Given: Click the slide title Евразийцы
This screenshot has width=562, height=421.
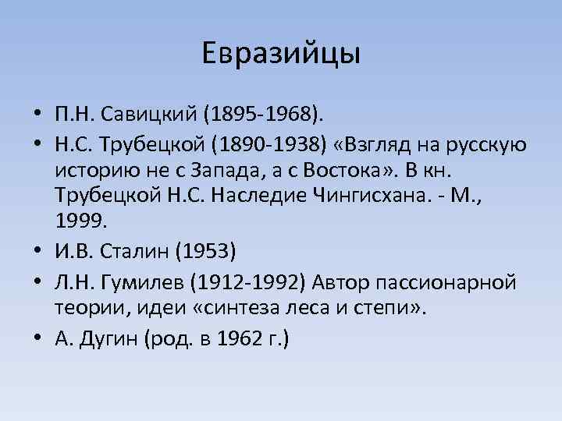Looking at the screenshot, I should tap(281, 54).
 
